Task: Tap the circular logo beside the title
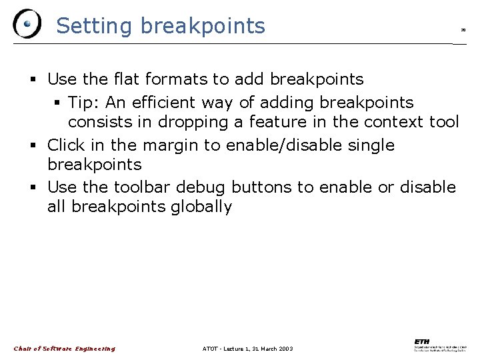pyautogui.click(x=27, y=24)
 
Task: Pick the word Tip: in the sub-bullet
pyautogui.click(x=83, y=103)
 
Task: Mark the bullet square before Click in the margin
pyautogui.click(x=34, y=146)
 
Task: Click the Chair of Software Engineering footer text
pyautogui.click(x=65, y=349)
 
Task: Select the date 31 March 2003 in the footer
pyautogui.click(x=267, y=349)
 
